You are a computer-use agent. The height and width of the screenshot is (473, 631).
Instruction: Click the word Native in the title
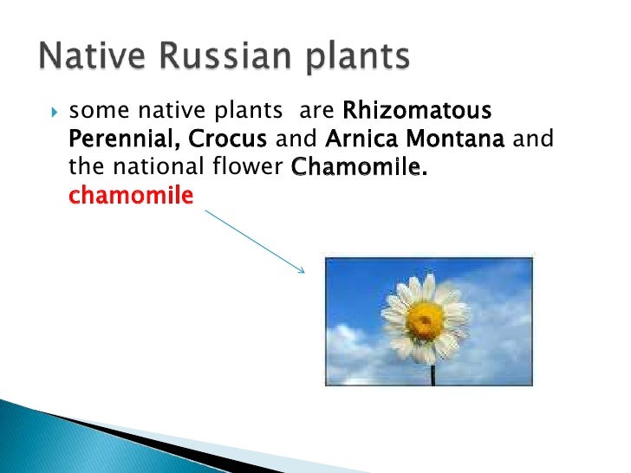(92, 55)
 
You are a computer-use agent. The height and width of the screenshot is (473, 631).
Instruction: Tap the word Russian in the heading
(224, 55)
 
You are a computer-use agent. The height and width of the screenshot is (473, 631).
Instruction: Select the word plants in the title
(357, 58)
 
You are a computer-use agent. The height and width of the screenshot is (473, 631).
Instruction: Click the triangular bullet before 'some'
(55, 112)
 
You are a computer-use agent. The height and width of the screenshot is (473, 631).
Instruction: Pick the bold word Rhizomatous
(417, 110)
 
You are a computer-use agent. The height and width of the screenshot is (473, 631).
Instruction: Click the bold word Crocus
(227, 139)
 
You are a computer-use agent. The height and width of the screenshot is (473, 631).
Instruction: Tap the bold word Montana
(455, 139)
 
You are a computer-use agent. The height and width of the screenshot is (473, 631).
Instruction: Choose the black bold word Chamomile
(358, 166)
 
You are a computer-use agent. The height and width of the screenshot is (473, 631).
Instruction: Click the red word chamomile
(131, 195)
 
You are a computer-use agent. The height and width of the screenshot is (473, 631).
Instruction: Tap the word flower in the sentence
(248, 166)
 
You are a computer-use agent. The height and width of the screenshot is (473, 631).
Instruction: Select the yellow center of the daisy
(424, 321)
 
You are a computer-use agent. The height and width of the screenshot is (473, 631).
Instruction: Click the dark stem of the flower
(433, 375)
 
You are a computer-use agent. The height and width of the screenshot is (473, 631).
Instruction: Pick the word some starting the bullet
(100, 111)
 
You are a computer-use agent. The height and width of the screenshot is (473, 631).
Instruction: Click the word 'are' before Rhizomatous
(316, 112)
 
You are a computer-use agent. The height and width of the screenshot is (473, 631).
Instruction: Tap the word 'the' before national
(86, 166)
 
